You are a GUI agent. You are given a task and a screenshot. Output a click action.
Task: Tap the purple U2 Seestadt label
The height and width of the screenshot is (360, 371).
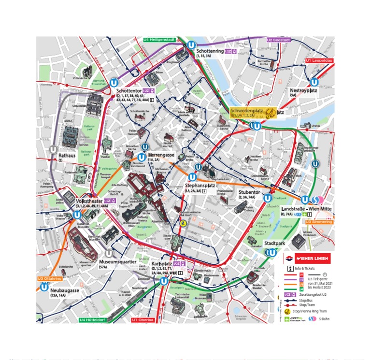pos(279,40)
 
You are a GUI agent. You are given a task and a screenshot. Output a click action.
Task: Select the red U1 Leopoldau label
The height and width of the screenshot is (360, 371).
pos(319,60)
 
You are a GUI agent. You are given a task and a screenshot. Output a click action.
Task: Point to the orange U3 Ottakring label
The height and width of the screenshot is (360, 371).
pos(50,279)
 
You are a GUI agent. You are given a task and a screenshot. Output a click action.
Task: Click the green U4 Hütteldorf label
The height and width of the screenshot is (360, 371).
pos(96,320)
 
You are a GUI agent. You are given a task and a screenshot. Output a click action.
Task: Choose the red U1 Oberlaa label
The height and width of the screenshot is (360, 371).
pos(143,320)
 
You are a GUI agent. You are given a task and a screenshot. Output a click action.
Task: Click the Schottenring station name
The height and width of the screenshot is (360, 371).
pos(210,51)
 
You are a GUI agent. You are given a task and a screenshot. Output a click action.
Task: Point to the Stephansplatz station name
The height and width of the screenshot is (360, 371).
pos(200,185)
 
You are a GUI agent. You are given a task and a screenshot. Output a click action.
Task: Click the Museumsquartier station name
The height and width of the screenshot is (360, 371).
pos(118,261)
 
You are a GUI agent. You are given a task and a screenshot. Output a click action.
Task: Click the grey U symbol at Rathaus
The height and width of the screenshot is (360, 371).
pos(52,149)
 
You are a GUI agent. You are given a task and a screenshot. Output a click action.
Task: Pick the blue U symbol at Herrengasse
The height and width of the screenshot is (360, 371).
pos(142,157)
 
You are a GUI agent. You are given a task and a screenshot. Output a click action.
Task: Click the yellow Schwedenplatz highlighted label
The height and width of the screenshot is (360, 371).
pos(253,113)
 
